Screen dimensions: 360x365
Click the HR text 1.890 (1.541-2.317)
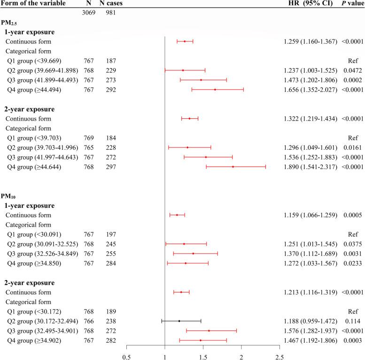click(311, 167)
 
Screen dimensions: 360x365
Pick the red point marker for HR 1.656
click(215, 90)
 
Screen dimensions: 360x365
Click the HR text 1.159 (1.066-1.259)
click(311, 215)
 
